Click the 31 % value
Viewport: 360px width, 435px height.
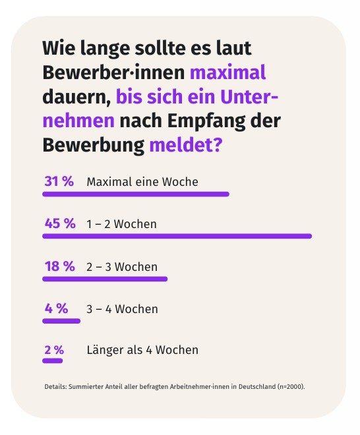click(x=59, y=182)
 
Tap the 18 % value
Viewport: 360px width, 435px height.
click(x=59, y=266)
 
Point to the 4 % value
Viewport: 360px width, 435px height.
click(x=56, y=308)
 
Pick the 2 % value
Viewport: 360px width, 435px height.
click(x=54, y=350)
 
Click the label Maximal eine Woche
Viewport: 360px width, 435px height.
click(x=142, y=182)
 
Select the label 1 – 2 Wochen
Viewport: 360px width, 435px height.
click(x=121, y=224)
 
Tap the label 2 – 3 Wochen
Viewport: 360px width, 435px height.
click(x=122, y=267)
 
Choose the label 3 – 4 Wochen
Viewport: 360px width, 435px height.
click(x=122, y=309)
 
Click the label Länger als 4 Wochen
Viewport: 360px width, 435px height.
click(x=142, y=350)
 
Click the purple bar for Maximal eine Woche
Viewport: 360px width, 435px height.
click(x=136, y=194)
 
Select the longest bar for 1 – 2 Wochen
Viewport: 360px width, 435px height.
click(x=177, y=236)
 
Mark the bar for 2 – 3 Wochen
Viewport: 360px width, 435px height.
click(x=105, y=279)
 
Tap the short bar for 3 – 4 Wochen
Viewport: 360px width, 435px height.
click(x=61, y=321)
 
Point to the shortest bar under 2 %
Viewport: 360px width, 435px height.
click(x=53, y=361)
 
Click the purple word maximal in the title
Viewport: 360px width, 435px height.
click(x=227, y=72)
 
